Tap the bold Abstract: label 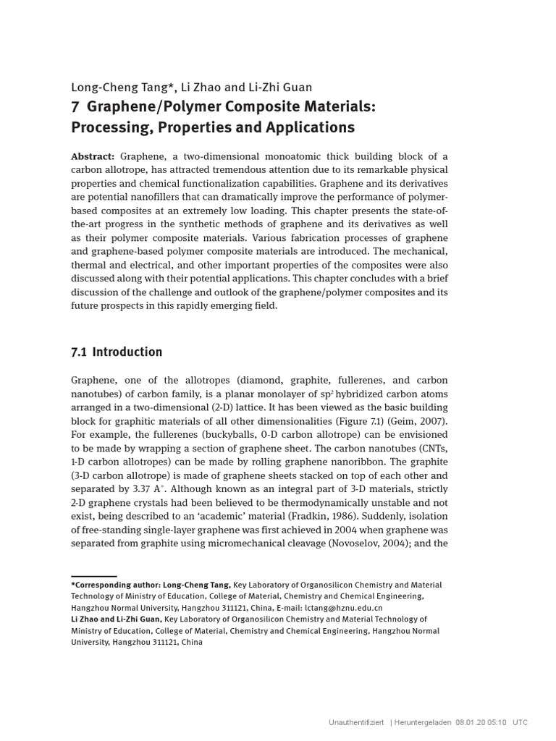point(93,157)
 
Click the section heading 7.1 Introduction point(117,352)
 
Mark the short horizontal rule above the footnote point(93,577)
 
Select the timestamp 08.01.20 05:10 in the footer point(481,722)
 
